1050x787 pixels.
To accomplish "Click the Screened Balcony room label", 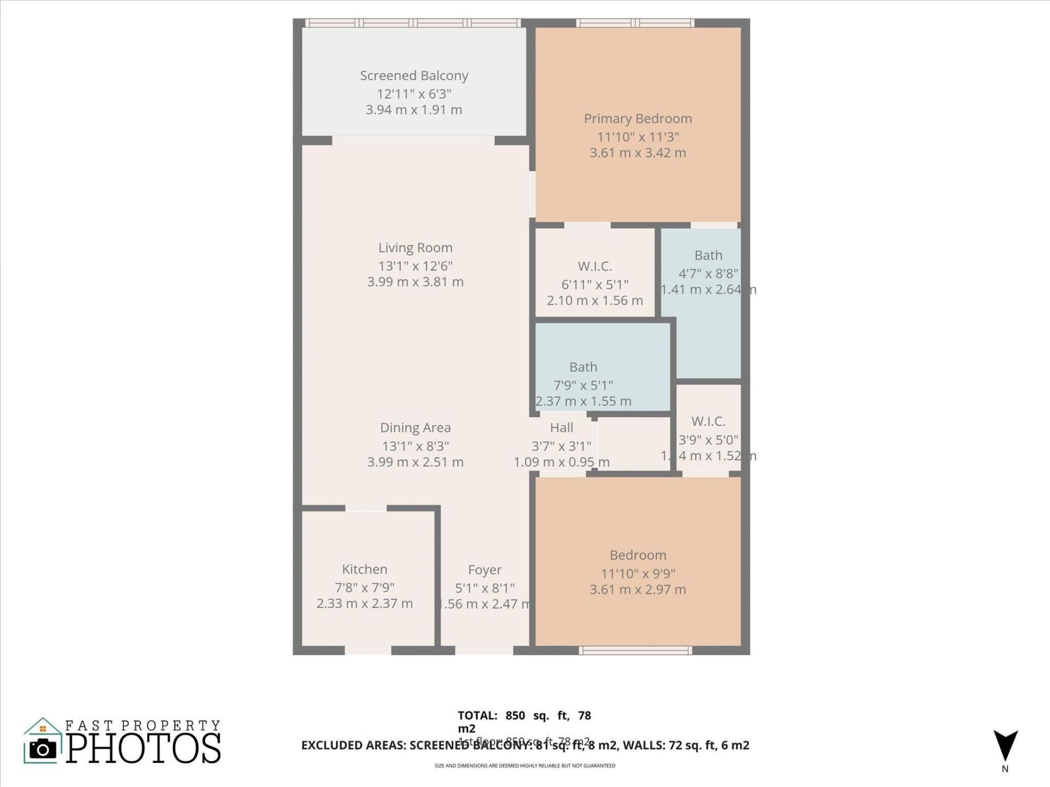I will (414, 75).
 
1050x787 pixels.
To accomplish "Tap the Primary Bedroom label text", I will (638, 119).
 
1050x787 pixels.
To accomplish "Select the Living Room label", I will (415, 248).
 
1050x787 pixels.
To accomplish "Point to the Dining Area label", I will (415, 427).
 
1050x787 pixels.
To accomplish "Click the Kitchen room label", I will (364, 569).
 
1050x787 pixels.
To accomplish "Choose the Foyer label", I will (485, 570).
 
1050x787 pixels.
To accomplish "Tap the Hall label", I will (561, 427).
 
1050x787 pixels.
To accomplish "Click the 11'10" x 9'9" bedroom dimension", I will (638, 573).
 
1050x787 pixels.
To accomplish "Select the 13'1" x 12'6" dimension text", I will (415, 266).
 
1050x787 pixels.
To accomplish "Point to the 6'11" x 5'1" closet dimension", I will (594, 284).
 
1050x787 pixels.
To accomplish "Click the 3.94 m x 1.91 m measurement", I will (414, 110).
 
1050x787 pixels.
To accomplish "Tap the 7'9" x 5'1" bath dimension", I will (583, 385).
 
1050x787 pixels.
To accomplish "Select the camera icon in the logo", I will (43, 749).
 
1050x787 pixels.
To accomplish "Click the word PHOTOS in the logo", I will (143, 748).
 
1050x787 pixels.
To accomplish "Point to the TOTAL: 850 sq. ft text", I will (524, 715).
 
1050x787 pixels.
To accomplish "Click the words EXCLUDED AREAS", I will (353, 745).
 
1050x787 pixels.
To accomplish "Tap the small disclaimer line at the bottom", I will (524, 766).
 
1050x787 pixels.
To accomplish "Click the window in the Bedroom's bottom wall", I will (635, 650).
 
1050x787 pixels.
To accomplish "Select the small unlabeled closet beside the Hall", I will (633, 443).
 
